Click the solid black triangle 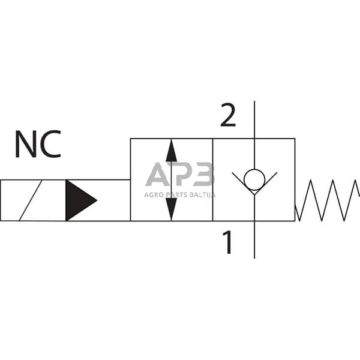click(78, 200)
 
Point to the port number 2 click(227, 116)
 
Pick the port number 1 click(227, 243)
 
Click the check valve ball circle click(254, 178)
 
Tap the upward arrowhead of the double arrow click(172, 151)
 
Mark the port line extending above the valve click(254, 120)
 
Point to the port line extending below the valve click(254, 240)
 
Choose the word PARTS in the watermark click(176, 194)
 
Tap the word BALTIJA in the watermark click(202, 194)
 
